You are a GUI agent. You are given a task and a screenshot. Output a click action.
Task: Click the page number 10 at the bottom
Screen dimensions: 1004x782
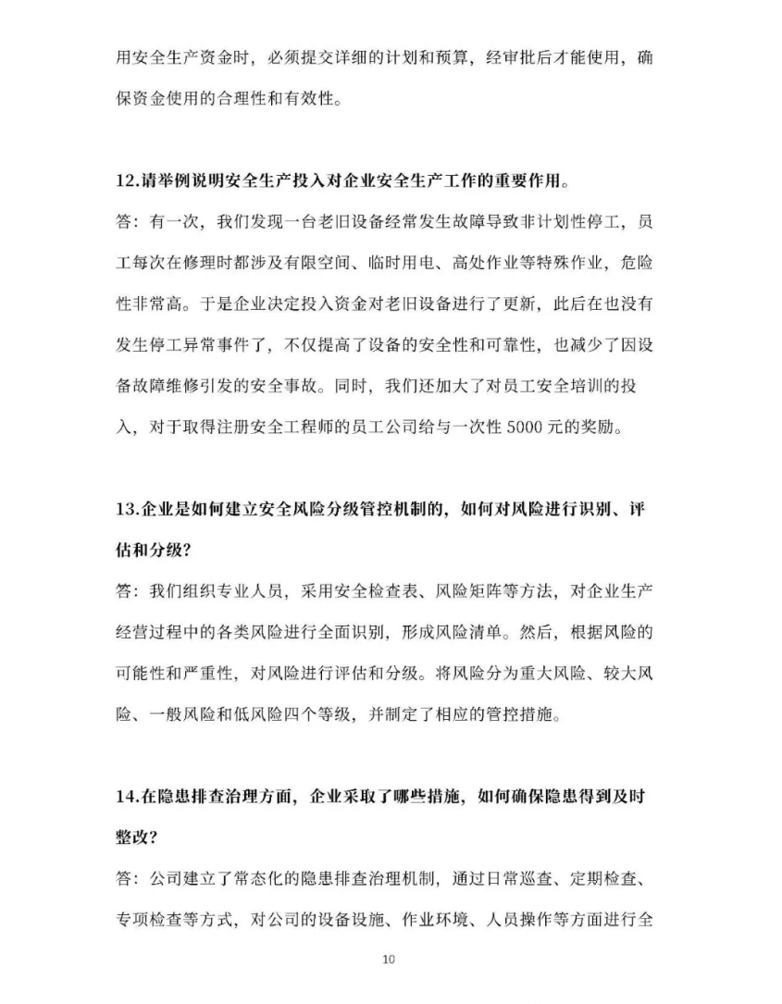tap(389, 959)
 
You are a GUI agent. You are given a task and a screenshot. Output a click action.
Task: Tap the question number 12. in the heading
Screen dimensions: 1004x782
tap(128, 180)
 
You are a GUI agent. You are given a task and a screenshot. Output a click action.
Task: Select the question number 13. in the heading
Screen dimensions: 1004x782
tap(128, 508)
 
